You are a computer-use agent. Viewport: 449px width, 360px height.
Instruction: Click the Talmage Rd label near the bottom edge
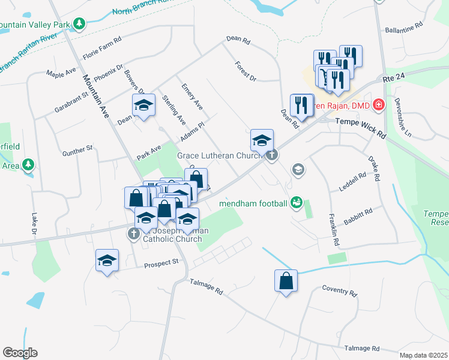point(362,348)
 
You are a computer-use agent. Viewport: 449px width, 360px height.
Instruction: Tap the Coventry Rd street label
point(339,291)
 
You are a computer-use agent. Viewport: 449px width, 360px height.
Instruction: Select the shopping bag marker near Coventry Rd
point(286,281)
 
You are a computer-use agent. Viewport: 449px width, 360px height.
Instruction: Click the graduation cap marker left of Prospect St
point(107,260)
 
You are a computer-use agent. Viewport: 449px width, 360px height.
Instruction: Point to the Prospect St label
point(162,262)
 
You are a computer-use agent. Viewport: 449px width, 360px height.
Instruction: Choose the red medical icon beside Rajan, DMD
point(378,106)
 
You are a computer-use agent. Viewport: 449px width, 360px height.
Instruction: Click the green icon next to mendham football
point(296,203)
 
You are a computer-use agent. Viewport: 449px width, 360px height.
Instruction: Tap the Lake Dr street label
point(34,223)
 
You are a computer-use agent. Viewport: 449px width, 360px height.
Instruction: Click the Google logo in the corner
point(20,352)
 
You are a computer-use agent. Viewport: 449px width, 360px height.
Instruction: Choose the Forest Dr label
point(246,71)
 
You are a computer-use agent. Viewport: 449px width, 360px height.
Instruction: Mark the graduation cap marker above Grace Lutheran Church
point(261,140)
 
